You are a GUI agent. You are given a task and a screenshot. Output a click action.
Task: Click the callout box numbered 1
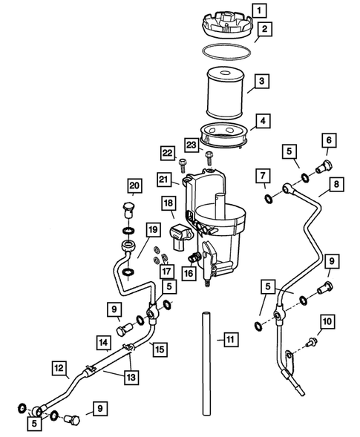pos(259,10)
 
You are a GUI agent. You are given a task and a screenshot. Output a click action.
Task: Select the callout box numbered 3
pos(261,81)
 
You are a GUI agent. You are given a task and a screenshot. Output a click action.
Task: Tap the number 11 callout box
pos(231,340)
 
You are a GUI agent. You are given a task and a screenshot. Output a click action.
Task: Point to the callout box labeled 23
pos(192,145)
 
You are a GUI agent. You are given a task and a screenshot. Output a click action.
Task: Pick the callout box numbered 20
pos(134,185)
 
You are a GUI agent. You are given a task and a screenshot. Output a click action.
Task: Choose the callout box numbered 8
pos(336,184)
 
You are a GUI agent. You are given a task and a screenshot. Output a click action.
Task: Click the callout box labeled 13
pos(131,378)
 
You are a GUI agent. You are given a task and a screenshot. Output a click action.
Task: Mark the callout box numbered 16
pos(189,273)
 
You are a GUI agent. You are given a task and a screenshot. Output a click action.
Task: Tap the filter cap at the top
pos(226,25)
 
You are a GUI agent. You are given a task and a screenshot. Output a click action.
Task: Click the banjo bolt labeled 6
pos(324,167)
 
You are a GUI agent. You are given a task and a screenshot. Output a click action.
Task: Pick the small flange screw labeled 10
pos(310,343)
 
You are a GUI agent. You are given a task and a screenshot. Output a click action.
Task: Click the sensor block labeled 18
pos(180,237)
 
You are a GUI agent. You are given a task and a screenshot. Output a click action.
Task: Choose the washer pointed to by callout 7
pos(269,199)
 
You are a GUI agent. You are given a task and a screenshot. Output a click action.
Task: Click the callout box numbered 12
pos(59,368)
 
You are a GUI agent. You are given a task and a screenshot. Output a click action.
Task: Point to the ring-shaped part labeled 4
pos(223,136)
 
